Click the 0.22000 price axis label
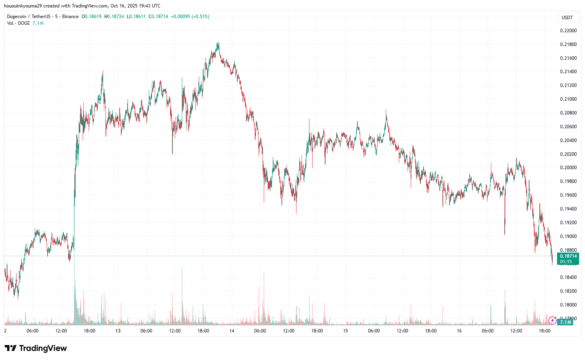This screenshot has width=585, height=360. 568,31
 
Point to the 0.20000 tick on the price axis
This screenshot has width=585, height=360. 568,168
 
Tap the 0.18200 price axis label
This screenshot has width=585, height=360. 568,291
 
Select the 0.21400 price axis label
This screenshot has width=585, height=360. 568,72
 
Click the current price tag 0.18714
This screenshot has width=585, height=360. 568,256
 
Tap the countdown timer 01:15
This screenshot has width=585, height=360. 566,262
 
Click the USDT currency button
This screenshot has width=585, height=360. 567,18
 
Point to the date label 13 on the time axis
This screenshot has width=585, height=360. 118,331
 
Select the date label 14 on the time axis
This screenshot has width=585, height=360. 232,331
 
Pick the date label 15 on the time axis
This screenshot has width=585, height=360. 345,331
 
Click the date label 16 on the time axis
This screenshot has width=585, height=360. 459,331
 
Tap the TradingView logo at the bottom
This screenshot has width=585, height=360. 36,348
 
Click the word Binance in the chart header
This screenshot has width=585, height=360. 70,17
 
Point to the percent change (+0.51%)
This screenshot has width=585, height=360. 200,17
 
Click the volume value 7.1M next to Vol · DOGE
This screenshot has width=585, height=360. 38,23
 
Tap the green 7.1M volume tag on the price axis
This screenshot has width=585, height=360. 565,322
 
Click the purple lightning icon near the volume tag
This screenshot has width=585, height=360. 552,321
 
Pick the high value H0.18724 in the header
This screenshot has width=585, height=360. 114,17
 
